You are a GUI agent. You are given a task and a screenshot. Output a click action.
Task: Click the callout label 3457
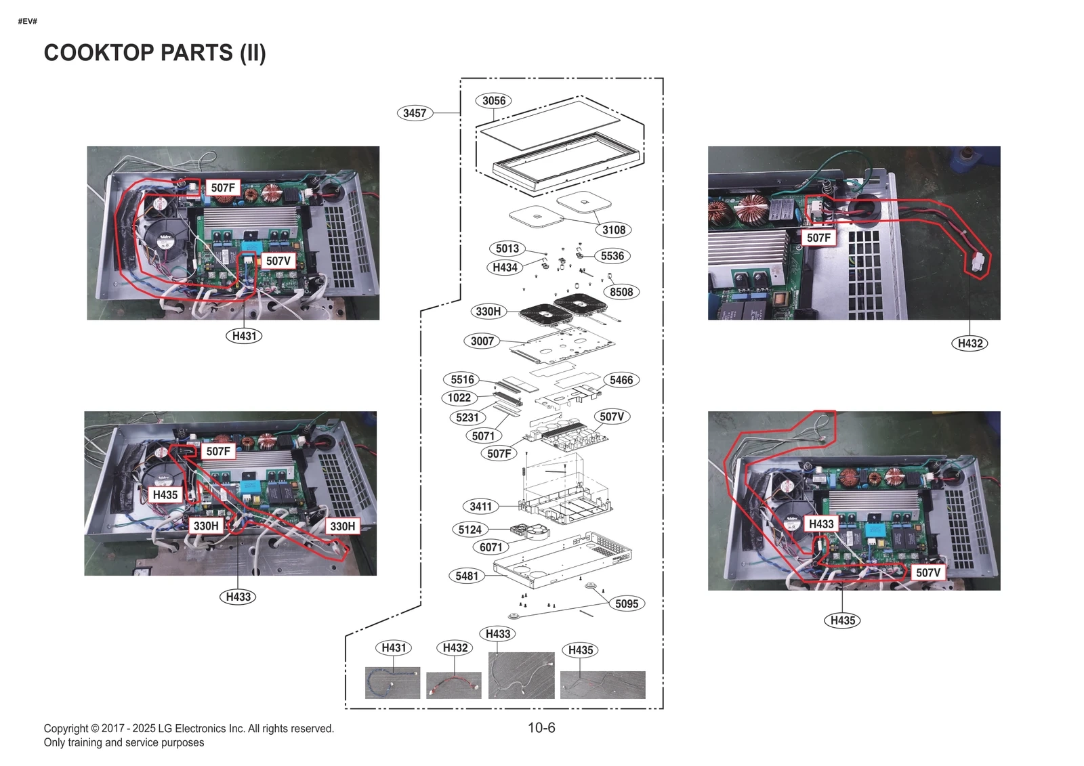[x=414, y=113]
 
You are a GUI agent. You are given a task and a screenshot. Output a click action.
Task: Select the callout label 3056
[x=493, y=101]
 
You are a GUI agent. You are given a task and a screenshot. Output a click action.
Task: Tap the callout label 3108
[x=614, y=230]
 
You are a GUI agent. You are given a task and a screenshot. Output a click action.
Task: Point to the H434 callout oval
[x=505, y=268]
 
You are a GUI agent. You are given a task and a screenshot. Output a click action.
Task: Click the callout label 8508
[x=621, y=292]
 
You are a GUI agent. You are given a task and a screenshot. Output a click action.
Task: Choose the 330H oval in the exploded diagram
[x=488, y=312]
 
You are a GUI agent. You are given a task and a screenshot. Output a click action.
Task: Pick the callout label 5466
[x=621, y=380]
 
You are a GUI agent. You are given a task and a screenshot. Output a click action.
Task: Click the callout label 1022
[x=459, y=398]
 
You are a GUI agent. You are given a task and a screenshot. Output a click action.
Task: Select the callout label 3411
[x=480, y=506]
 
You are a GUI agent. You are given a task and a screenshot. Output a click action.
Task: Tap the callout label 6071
[x=491, y=547]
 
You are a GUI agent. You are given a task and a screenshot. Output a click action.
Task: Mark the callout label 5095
[x=626, y=603]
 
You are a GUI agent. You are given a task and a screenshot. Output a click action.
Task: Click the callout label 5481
[x=466, y=576]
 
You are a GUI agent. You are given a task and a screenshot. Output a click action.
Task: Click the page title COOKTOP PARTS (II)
[x=154, y=53]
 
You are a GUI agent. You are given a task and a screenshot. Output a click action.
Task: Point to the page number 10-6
[x=541, y=727]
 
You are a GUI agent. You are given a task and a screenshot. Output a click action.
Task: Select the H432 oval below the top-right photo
[x=970, y=343]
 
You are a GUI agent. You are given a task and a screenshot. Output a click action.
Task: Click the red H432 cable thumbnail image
[x=453, y=685]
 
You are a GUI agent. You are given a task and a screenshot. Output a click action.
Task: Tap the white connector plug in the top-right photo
[x=977, y=264]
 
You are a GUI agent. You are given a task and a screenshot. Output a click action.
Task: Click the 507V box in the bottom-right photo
[x=927, y=572]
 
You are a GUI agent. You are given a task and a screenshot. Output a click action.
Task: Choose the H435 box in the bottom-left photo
[x=165, y=494]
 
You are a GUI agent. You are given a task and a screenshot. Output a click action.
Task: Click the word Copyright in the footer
[x=66, y=729]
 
